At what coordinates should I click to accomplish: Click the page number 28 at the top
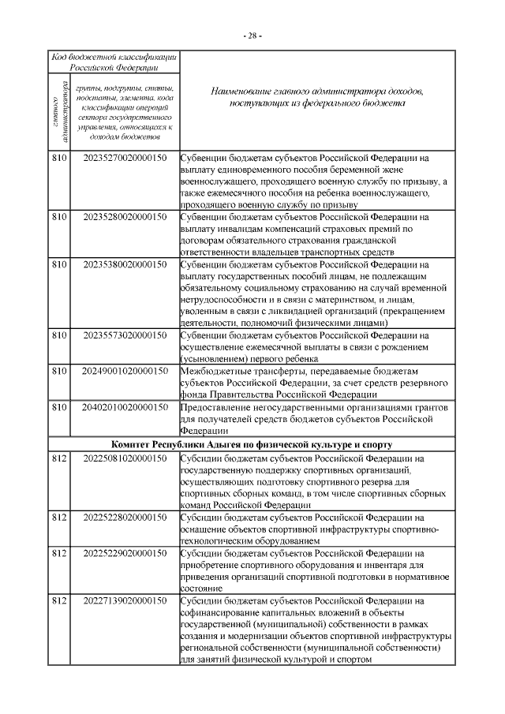(x=252, y=36)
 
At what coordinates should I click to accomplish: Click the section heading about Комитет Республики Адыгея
(x=252, y=445)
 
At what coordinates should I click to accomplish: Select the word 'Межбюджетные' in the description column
(x=215, y=372)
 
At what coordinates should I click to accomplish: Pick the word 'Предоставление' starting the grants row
(x=218, y=407)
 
